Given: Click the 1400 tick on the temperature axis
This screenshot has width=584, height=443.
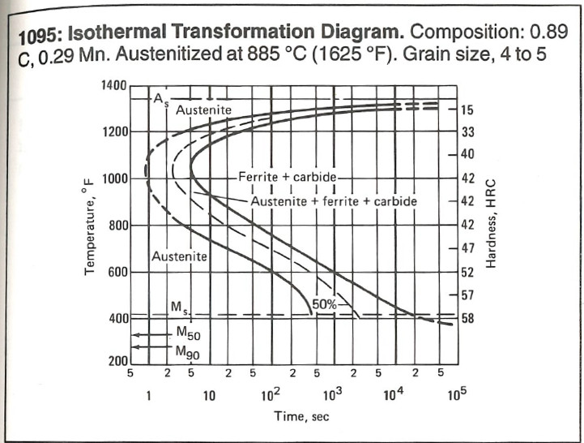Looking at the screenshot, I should coord(114,85).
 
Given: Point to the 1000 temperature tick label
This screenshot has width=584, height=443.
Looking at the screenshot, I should coord(114,178).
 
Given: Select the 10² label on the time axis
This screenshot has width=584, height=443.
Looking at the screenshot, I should coord(270,395).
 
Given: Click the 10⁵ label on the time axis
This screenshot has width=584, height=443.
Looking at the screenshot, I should coord(456,395).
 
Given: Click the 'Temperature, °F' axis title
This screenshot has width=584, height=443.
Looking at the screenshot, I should coord(90,227).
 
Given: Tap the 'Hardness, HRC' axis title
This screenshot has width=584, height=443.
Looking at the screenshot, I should coord(491,222).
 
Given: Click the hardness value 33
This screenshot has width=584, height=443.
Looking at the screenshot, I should coord(467,131).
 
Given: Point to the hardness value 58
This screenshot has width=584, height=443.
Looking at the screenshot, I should coord(467,319).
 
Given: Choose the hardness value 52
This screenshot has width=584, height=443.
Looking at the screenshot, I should coord(467,272).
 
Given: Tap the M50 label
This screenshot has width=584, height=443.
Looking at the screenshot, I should coord(187,333).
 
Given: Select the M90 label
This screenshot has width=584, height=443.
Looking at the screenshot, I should coord(187,352).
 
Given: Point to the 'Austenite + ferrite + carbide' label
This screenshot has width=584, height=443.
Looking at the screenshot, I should coord(334,200).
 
